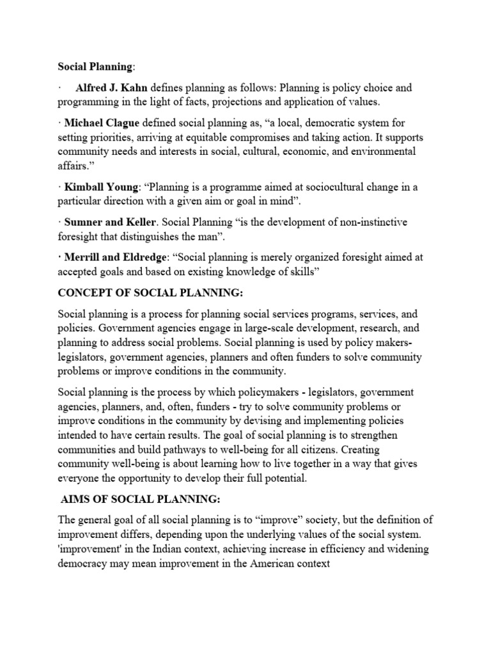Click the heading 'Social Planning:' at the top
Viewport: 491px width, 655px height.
click(97, 66)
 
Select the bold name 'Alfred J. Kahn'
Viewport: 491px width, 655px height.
click(107, 88)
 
